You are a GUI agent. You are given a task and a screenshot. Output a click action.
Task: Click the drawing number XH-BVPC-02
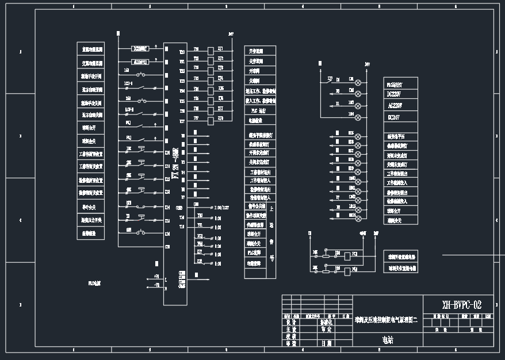point(461,305)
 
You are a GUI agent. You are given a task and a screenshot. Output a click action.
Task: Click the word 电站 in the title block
point(389,340)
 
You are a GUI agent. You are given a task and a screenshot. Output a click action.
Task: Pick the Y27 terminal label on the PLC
point(182,121)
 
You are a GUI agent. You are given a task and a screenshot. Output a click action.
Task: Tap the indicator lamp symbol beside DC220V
point(358,93)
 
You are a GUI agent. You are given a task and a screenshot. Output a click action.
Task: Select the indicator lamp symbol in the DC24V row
point(358,117)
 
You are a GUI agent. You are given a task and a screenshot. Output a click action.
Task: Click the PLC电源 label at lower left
point(94,283)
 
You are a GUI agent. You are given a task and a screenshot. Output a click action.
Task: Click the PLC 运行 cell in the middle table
point(258,110)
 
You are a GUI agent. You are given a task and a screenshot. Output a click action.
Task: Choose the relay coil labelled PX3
point(346,254)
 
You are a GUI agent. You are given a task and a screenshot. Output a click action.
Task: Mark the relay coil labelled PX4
point(346,269)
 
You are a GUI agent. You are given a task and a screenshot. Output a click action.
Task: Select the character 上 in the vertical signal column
point(272,209)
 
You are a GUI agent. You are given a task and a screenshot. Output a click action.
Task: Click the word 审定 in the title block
point(326,330)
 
